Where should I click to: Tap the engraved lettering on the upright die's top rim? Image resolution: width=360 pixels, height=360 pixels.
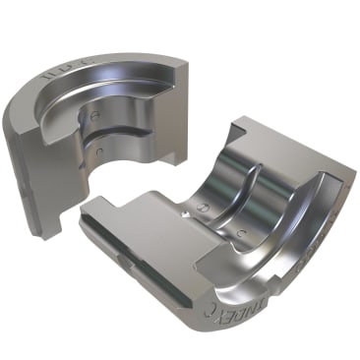(x=61, y=72)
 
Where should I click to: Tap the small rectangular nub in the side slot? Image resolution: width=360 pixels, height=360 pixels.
(x=123, y=261)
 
